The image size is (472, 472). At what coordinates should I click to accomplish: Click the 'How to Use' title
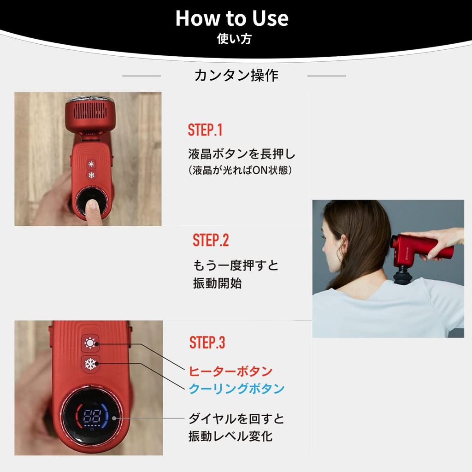pos(232,18)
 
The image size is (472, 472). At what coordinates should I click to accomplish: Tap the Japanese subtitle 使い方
pos(234,39)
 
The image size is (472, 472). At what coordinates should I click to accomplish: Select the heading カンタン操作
pos(236,75)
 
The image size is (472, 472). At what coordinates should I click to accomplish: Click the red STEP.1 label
pos(205,130)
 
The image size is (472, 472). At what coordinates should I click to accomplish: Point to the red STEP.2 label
pos(211,240)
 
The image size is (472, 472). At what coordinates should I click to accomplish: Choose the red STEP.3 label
pos(207,342)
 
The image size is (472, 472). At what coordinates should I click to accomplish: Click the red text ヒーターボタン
pos(230,372)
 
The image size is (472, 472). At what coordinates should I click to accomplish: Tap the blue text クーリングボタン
pos(236,389)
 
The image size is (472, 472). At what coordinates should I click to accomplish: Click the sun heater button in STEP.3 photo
pos(90,343)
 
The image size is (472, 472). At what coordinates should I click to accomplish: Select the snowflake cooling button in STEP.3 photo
pos(90,364)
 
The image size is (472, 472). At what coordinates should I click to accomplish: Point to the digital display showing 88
pos(92,416)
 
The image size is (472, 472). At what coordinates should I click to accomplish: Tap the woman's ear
pos(346,245)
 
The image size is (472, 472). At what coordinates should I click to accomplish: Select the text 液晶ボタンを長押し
pos(242,154)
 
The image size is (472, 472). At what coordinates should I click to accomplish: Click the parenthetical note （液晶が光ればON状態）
pos(240,171)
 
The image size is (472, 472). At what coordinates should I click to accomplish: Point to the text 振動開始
pos(218,283)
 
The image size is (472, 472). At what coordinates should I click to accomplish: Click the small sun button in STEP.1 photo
pos(91,164)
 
